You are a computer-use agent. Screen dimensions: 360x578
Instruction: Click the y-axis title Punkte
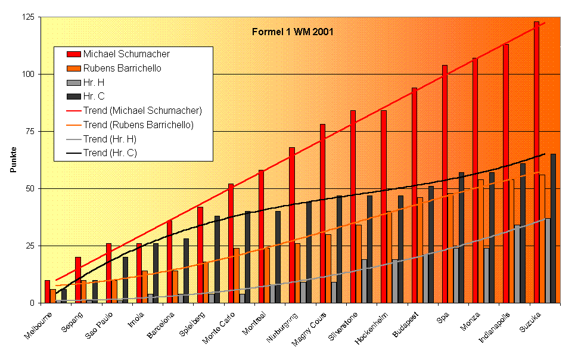[13, 160]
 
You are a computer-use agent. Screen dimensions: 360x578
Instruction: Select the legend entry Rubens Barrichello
[122, 68]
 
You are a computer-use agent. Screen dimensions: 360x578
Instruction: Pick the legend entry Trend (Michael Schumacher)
[142, 110]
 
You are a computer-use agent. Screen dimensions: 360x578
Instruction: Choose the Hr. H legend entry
[94, 82]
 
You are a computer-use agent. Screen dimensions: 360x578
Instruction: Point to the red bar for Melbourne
[47, 291]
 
